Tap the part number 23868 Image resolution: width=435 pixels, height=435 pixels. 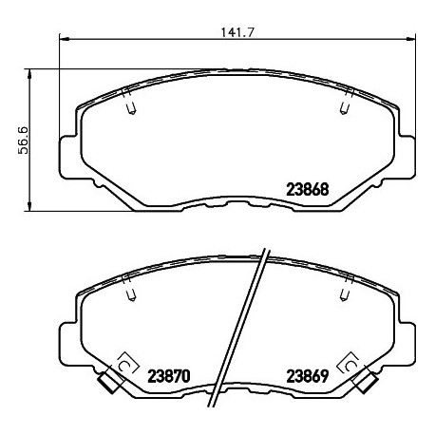pyautogui.click(x=308, y=188)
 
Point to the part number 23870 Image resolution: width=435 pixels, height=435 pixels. pyautogui.click(x=170, y=374)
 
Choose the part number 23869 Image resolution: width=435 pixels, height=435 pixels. pyautogui.click(x=308, y=374)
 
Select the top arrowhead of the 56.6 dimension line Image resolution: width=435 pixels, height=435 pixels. pyautogui.click(x=35, y=72)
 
